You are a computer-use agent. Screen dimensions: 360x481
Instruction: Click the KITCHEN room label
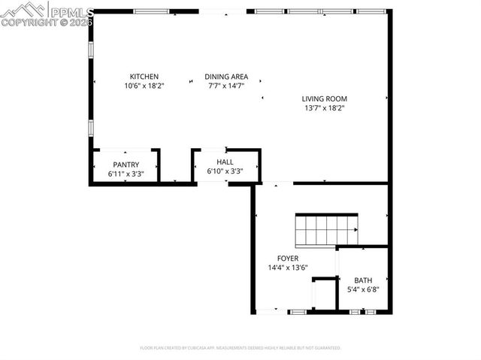pyautogui.click(x=144, y=77)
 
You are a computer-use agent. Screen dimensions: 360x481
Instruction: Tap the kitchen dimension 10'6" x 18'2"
pyautogui.click(x=144, y=86)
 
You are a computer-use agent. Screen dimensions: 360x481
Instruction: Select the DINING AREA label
pyautogui.click(x=227, y=77)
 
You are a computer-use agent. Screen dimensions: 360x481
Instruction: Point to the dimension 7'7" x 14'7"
pyautogui.click(x=227, y=86)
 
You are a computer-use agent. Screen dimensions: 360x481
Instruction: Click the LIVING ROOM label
pyautogui.click(x=325, y=98)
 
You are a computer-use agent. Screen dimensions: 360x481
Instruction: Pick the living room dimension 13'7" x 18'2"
pyautogui.click(x=325, y=108)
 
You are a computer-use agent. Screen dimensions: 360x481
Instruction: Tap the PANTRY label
pyautogui.click(x=126, y=165)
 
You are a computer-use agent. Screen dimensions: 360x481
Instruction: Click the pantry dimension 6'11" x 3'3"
pyautogui.click(x=126, y=174)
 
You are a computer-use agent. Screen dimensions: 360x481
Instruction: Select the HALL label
pyautogui.click(x=225, y=162)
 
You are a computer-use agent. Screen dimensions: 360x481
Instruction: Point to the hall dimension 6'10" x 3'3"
pyautogui.click(x=225, y=171)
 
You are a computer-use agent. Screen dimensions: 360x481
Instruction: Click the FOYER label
pyautogui.click(x=288, y=259)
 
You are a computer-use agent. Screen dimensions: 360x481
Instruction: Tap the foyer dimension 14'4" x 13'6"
pyautogui.click(x=288, y=268)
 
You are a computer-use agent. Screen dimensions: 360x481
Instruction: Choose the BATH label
pyautogui.click(x=363, y=280)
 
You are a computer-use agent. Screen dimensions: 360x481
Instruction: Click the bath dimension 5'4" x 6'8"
pyautogui.click(x=363, y=289)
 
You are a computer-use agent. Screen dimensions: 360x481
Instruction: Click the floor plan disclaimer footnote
pyautogui.click(x=240, y=348)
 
